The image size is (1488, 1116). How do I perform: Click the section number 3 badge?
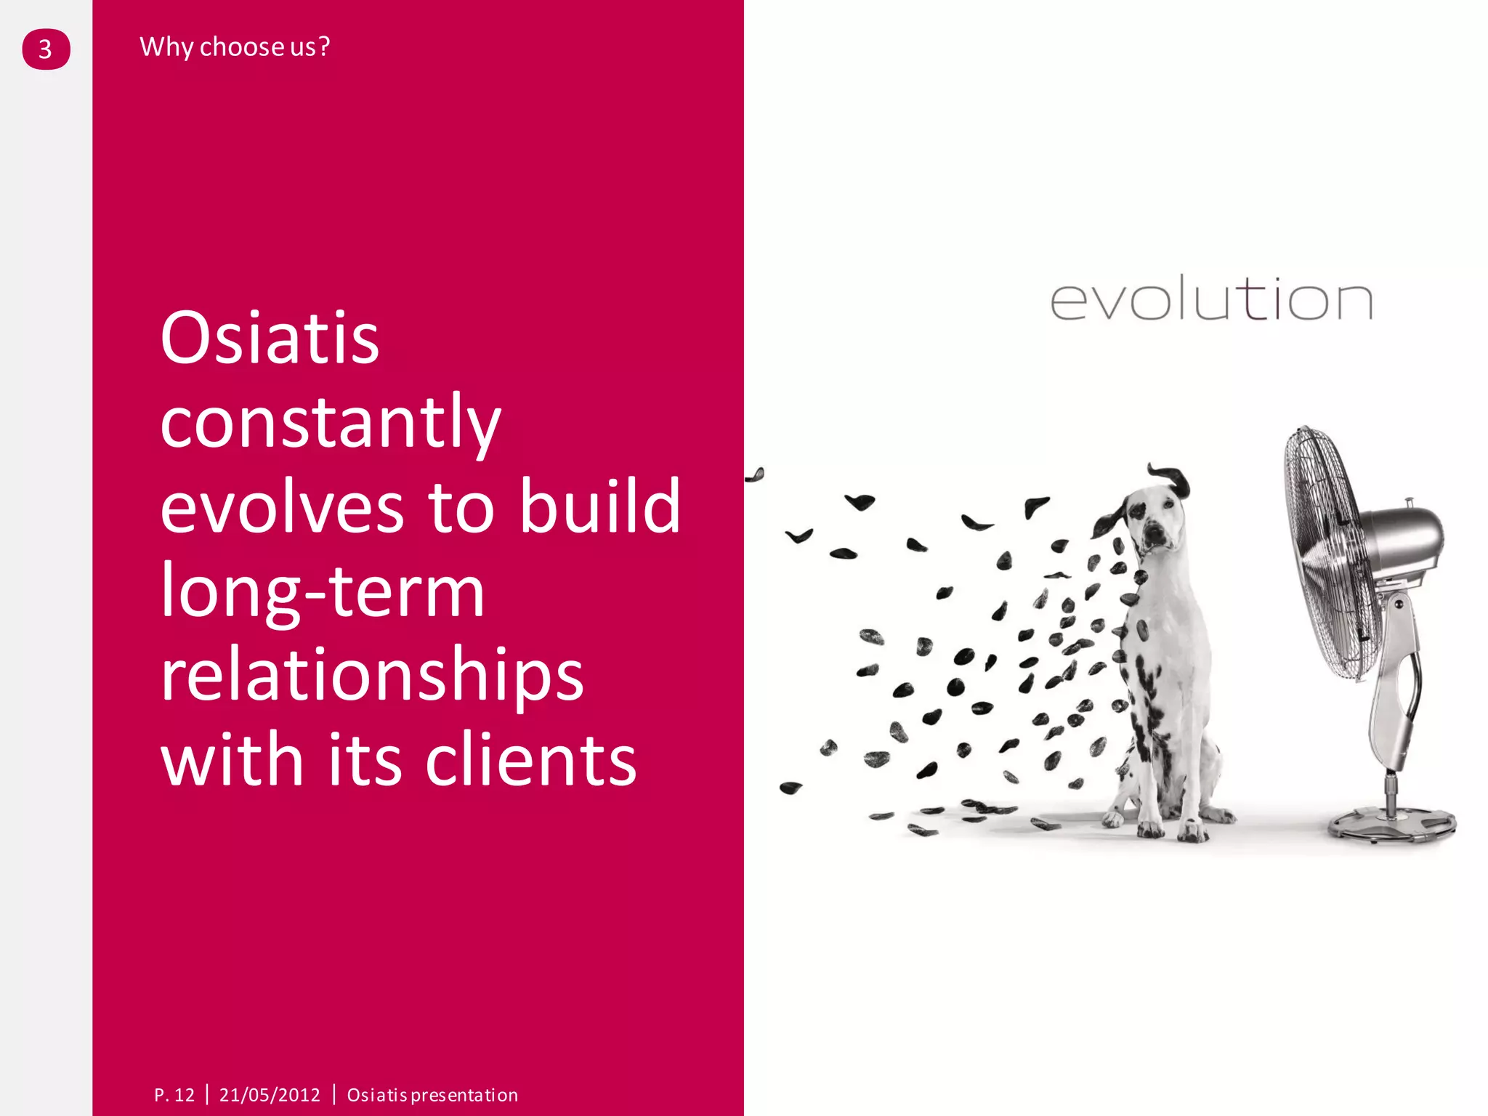pyautogui.click(x=46, y=49)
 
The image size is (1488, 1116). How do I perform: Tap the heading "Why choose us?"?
pyautogui.click(x=235, y=47)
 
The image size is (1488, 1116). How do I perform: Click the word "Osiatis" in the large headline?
pyautogui.click(x=270, y=339)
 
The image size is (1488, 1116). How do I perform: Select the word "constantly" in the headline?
pyautogui.click(x=331, y=422)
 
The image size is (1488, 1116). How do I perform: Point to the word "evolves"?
pyautogui.click(x=282, y=506)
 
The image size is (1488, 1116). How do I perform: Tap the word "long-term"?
pyautogui.click(x=323, y=591)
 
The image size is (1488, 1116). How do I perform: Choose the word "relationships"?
pyautogui.click(x=372, y=675)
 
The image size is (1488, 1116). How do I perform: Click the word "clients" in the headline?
pyautogui.click(x=530, y=760)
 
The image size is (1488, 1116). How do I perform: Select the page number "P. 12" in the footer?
pyautogui.click(x=174, y=1095)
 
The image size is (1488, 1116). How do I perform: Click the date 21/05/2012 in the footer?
pyautogui.click(x=270, y=1095)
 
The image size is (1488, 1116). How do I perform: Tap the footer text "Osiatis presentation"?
pyautogui.click(x=432, y=1095)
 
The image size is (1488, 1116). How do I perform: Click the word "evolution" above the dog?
pyautogui.click(x=1211, y=299)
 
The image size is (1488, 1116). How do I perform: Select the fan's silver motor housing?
pyautogui.click(x=1402, y=541)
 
